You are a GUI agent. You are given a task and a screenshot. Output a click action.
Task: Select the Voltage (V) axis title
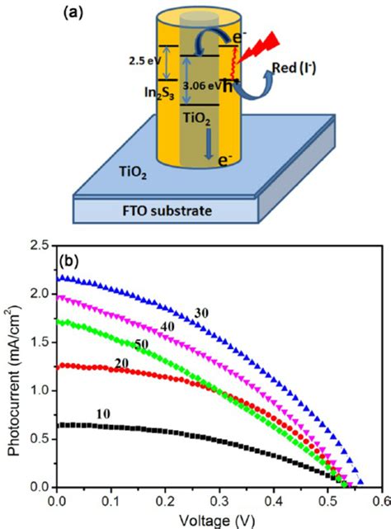220,519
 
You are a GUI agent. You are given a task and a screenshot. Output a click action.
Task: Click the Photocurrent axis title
15,368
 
